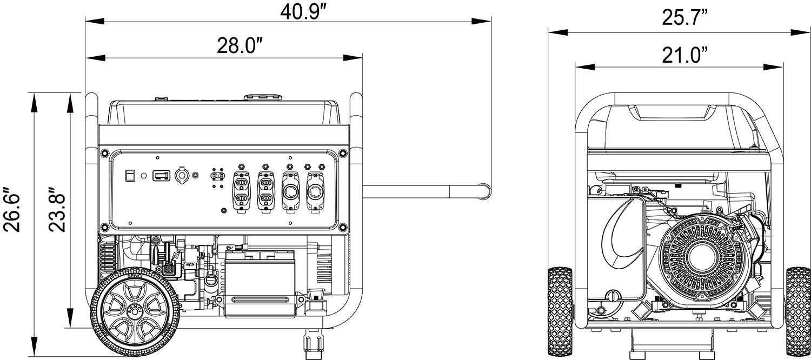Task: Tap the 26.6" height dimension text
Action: click(13, 210)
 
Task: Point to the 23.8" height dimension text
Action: click(58, 210)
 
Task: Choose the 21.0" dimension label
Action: click(684, 55)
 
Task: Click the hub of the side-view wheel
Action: click(136, 312)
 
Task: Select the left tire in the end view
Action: click(560, 310)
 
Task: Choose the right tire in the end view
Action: click(797, 310)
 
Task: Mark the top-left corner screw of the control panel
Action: click(103, 154)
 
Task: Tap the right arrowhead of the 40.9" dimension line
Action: click(484, 22)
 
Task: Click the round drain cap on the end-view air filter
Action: click(613, 296)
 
